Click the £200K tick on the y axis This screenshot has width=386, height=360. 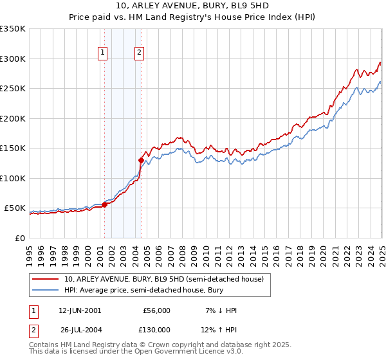pyautogui.click(x=12, y=118)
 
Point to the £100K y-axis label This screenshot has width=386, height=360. pyautogui.click(x=12, y=178)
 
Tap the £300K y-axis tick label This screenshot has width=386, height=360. pyautogui.click(x=12, y=59)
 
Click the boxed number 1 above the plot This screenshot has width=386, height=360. pyautogui.click(x=103, y=53)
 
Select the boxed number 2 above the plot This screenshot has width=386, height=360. pyautogui.click(x=139, y=53)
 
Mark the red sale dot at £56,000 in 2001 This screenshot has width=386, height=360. pyautogui.click(x=104, y=205)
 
